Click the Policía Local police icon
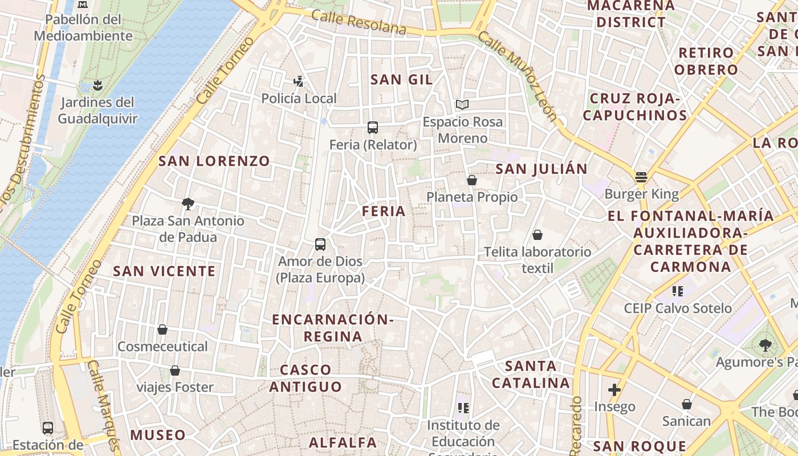(x=298, y=82)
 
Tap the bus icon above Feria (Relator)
(x=373, y=128)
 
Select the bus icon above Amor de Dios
(x=320, y=245)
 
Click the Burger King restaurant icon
(x=641, y=177)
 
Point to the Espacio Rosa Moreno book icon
(x=462, y=105)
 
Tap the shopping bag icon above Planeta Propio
(x=472, y=180)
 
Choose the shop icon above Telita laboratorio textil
(x=537, y=235)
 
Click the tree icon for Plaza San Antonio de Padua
(x=188, y=203)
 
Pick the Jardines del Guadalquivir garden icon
(x=98, y=86)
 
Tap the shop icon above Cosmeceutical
(x=162, y=329)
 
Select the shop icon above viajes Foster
(x=175, y=370)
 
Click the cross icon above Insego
(x=614, y=390)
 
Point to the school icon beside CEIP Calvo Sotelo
(x=678, y=291)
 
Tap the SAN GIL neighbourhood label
(x=402, y=79)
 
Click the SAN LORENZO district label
(x=214, y=161)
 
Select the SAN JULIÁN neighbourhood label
(x=541, y=169)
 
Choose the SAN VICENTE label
(x=165, y=271)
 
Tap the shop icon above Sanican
(x=687, y=404)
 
